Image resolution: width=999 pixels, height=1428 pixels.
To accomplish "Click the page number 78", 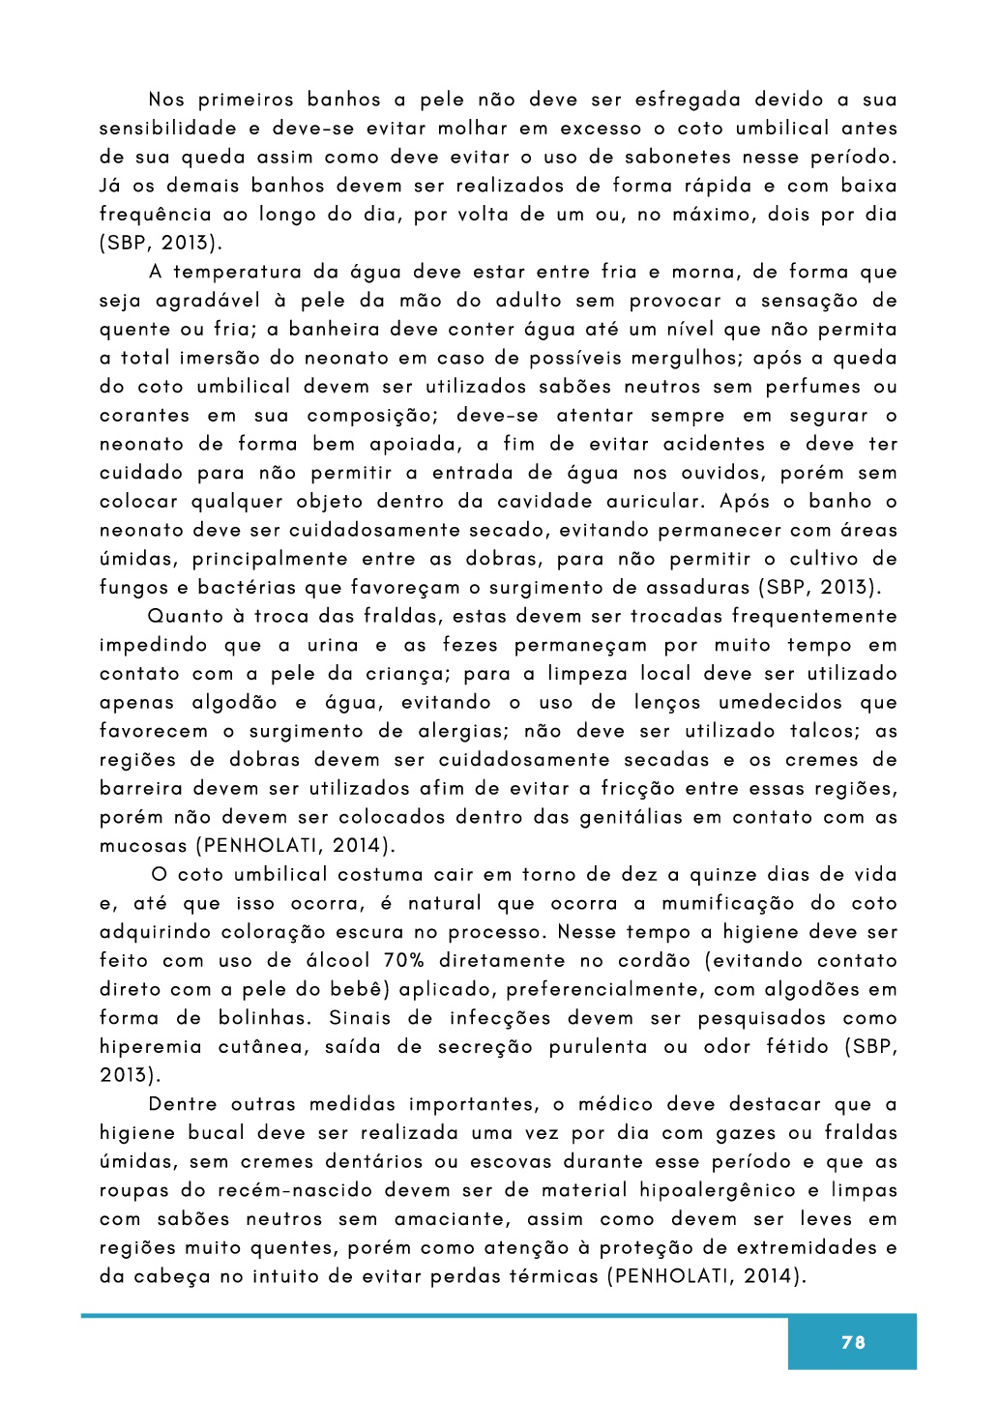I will (853, 1342).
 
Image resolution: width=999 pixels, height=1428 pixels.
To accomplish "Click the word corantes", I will (145, 416).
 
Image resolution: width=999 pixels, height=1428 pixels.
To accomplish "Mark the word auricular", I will (657, 502).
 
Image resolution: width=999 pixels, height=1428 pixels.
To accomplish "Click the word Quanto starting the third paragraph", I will (184, 617).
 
